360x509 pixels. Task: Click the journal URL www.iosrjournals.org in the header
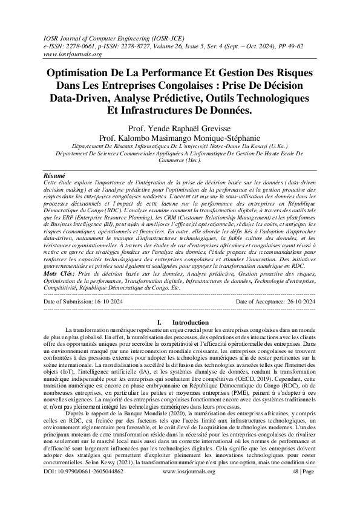click(x=70, y=53)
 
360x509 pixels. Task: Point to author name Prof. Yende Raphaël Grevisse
click(x=179, y=128)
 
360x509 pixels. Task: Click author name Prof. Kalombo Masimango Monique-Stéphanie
click(x=179, y=137)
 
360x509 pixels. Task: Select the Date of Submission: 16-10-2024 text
click(x=85, y=300)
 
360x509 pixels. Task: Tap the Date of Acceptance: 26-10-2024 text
click(x=275, y=300)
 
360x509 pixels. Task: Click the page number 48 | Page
click(x=303, y=487)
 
